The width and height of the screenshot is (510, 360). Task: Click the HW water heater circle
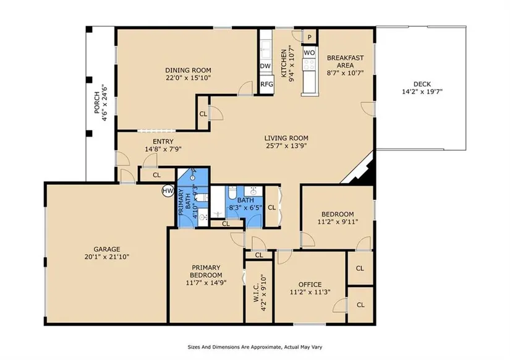coord(168,191)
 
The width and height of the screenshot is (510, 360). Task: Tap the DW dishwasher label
coord(265,66)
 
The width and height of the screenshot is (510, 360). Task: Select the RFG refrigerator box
coord(266,85)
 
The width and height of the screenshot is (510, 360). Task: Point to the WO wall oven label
coord(309,53)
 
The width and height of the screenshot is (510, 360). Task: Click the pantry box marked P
coord(310,36)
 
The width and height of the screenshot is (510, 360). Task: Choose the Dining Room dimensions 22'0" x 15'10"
coord(189,78)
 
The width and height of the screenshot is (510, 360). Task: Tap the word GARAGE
coord(107,249)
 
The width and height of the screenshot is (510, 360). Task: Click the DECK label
coord(422,84)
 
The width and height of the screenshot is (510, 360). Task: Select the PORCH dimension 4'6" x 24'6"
coord(104,103)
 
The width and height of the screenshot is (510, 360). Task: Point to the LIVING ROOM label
coord(286,138)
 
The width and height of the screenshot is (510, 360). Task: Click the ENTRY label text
coord(163,142)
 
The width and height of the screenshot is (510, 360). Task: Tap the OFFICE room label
coord(310,285)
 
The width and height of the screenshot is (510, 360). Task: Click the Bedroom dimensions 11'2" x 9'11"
coord(338,222)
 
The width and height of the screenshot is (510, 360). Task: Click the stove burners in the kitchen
coord(309,64)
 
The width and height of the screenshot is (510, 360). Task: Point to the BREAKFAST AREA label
coord(345,61)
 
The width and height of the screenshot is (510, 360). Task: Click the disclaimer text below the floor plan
coord(255,347)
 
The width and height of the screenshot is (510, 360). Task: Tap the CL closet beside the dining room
coord(203,114)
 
